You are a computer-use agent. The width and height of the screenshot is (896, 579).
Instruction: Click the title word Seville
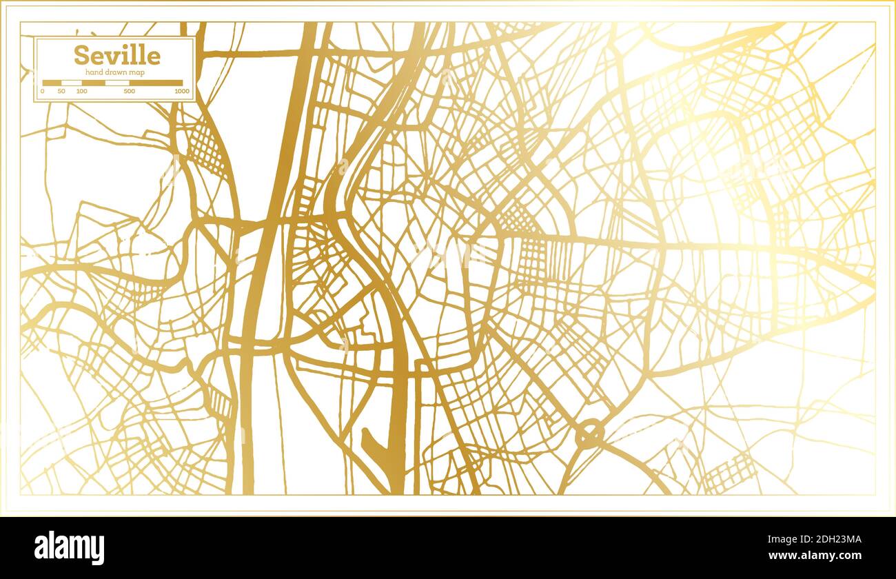click(116, 55)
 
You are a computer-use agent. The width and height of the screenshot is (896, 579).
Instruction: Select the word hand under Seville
click(94, 73)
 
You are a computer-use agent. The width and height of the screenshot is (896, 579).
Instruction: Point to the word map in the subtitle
click(138, 73)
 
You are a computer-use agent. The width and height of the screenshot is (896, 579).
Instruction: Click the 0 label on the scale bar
click(43, 91)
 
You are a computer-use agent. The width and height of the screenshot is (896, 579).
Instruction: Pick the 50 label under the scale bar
click(61, 91)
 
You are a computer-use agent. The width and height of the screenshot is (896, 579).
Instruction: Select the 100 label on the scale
click(81, 91)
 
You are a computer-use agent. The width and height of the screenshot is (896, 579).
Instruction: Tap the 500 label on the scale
click(129, 91)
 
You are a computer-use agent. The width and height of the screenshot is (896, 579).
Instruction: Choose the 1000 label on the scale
click(182, 91)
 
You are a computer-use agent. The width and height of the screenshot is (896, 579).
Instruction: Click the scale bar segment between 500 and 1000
click(156, 83)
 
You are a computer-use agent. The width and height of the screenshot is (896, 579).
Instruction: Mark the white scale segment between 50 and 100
click(72, 83)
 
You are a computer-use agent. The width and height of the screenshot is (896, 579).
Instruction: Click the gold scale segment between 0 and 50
click(52, 83)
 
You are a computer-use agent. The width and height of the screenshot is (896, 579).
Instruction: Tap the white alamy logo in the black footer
click(70, 548)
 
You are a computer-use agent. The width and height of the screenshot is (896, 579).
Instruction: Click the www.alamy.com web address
click(816, 556)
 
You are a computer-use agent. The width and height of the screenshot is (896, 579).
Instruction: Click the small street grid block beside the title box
click(207, 149)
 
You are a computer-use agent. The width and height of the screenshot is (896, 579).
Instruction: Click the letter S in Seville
click(81, 55)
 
